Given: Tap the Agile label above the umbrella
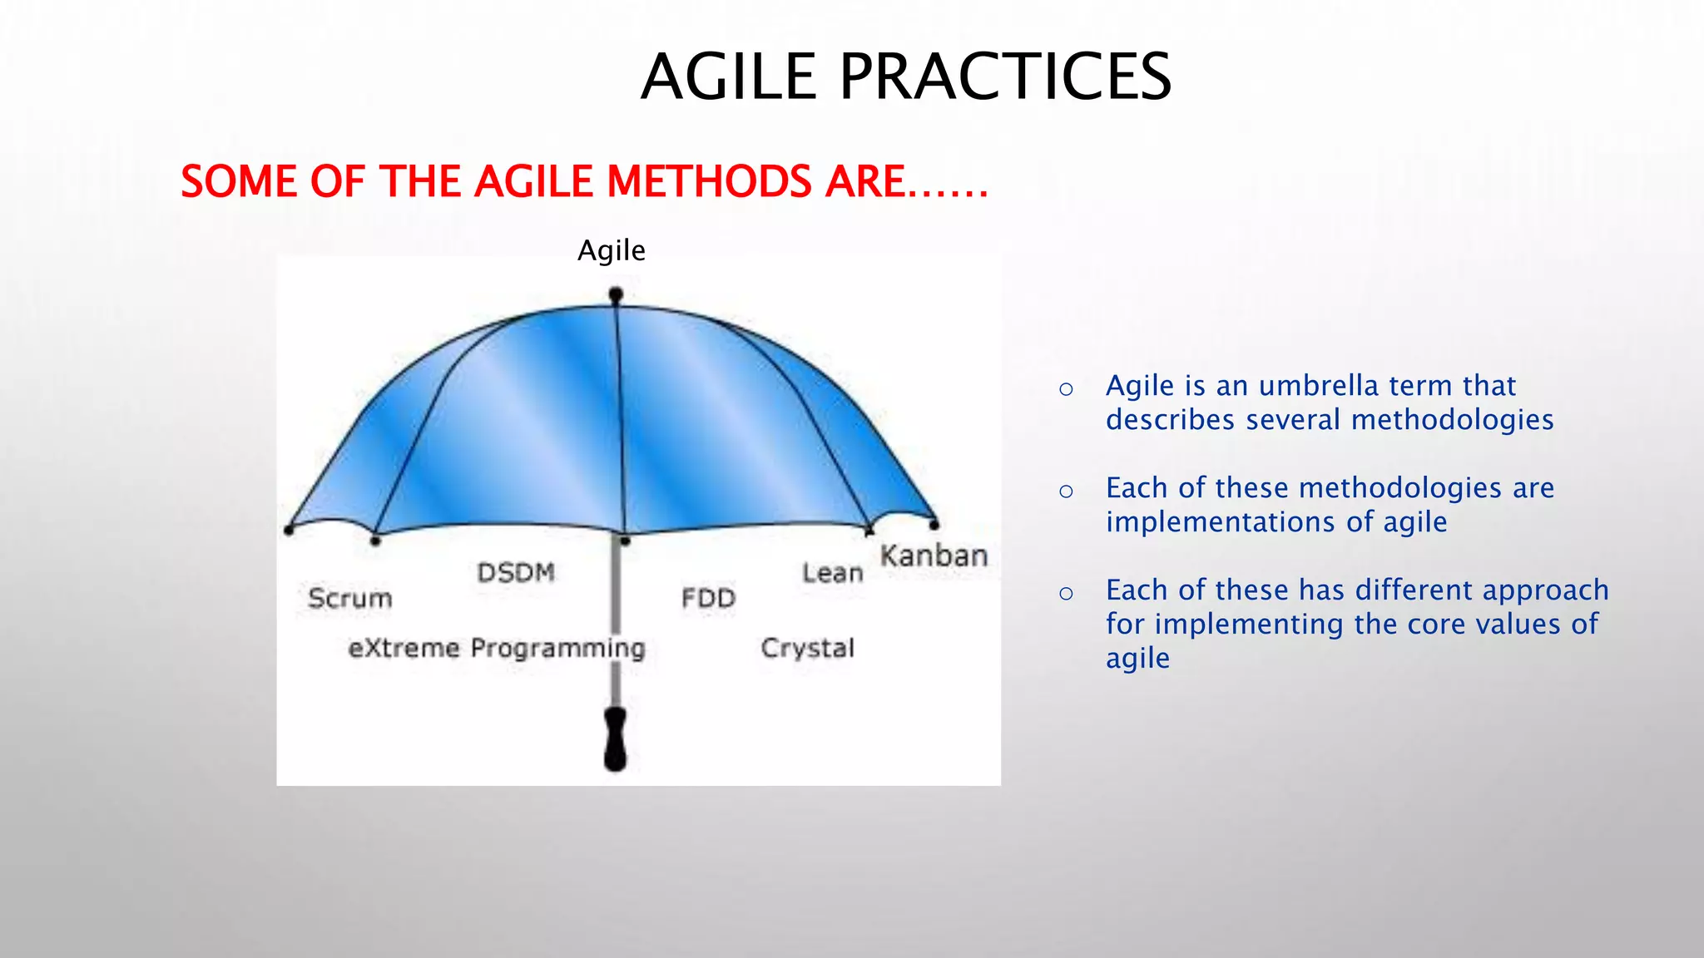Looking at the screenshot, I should [x=612, y=250].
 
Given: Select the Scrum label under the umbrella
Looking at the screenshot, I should [x=349, y=598].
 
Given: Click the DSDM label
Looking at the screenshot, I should [x=516, y=572].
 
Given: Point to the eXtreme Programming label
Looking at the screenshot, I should [x=497, y=648].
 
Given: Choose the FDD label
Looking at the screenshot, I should [x=708, y=598].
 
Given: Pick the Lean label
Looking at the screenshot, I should [x=832, y=572].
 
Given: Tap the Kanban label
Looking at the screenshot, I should [x=934, y=556].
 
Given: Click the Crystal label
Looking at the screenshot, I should [x=807, y=648].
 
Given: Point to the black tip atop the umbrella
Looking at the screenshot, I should [x=616, y=294].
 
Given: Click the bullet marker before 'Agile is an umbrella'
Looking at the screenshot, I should [x=1066, y=388].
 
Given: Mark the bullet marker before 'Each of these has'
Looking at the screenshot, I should [x=1066, y=593].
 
